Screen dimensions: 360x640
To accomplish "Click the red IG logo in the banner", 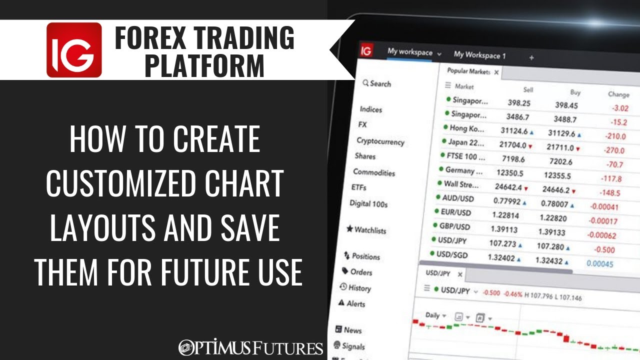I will (x=74, y=50).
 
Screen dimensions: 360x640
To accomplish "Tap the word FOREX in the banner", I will (x=150, y=38).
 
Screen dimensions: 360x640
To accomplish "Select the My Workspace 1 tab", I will (x=479, y=55).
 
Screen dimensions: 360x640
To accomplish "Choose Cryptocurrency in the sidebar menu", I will (x=380, y=141).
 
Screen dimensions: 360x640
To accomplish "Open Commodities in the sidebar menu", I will (x=374, y=172).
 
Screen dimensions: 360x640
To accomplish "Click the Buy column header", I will (x=575, y=92).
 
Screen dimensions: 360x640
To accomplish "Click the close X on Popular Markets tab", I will (x=496, y=72).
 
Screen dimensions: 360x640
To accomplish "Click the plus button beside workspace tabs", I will (x=531, y=57).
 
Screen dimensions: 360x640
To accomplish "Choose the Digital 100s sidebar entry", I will (x=368, y=203).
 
